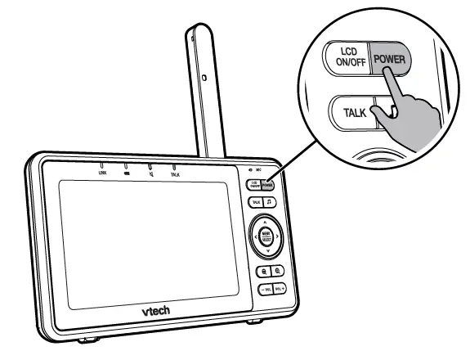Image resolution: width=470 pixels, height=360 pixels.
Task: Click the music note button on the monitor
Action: click(x=271, y=202)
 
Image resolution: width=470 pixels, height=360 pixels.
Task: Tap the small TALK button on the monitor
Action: click(x=257, y=201)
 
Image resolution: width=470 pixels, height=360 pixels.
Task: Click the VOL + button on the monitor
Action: click(x=279, y=289)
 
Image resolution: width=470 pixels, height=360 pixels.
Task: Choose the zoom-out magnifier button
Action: click(x=278, y=271)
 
